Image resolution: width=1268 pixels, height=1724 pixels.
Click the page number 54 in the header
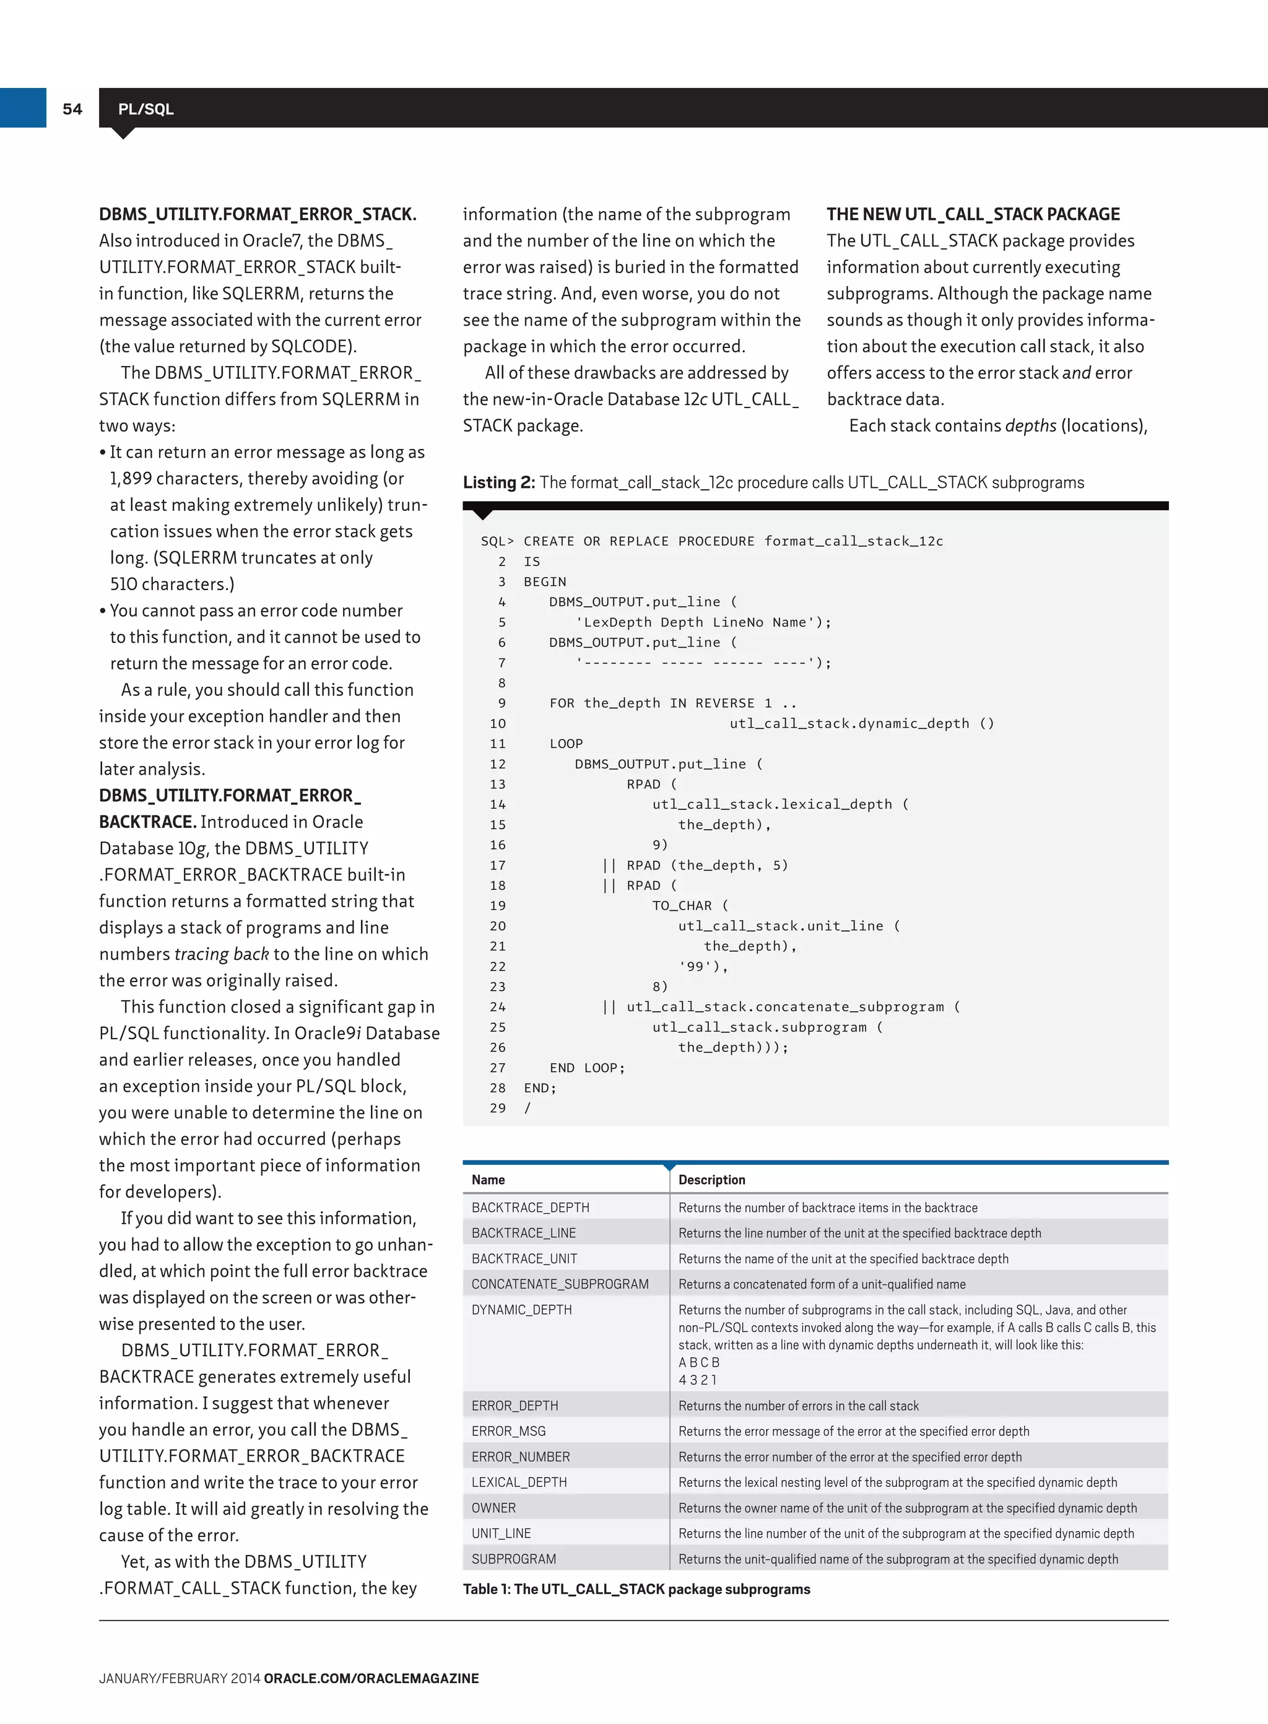coord(72,109)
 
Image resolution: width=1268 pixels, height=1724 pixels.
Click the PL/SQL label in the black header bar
coord(146,109)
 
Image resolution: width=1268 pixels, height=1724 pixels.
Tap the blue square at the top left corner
coord(23,108)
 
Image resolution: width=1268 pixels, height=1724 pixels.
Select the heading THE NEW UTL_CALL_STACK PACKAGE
coord(973,214)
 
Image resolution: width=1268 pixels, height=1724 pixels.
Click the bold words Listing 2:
coord(498,482)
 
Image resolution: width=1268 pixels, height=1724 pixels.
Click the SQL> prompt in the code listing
coord(497,541)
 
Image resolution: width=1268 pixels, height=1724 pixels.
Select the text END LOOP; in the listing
coord(587,1068)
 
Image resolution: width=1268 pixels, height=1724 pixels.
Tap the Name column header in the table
coord(488,1180)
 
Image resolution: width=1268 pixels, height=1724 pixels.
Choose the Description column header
coord(711,1180)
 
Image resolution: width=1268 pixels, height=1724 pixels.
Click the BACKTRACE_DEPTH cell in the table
coord(531,1208)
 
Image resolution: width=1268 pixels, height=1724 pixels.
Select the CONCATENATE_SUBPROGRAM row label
coord(560,1284)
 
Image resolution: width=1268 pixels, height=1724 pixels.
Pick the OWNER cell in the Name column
coord(493,1507)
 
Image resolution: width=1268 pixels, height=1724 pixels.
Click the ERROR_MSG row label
coord(508,1430)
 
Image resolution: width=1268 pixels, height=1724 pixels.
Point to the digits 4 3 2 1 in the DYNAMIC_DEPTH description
coord(697,1379)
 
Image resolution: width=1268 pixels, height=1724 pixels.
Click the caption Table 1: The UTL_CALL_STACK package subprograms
coord(636,1589)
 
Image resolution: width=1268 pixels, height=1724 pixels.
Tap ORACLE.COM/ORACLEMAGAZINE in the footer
coord(371,1678)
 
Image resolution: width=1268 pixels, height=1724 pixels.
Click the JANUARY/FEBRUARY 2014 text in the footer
coord(180,1678)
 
